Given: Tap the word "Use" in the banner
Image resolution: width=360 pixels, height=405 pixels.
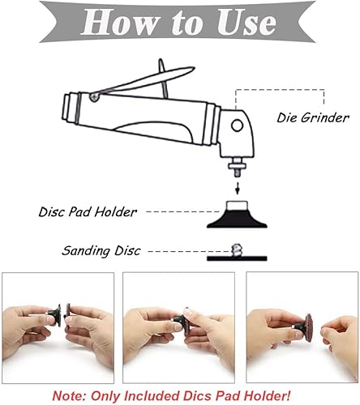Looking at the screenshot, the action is (246, 22).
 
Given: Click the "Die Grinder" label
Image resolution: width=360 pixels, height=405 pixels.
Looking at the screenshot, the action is (313, 117).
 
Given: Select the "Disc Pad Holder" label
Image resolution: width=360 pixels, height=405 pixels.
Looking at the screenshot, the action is (88, 212).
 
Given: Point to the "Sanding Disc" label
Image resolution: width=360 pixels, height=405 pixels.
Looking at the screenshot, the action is (101, 251).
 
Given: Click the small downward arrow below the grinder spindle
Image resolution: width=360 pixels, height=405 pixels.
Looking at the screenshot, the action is (238, 188).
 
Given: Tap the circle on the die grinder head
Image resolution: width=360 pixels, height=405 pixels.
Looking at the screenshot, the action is (237, 126).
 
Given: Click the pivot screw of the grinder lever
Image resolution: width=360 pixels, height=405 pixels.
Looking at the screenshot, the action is (94, 96).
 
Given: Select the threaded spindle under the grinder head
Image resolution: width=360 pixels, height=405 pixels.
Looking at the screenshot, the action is (237, 168).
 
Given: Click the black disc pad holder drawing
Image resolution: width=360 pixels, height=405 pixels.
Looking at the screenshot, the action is (237, 215).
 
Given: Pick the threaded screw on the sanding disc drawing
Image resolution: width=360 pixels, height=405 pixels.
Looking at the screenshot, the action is (237, 250).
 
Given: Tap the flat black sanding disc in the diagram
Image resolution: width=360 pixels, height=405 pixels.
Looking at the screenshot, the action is (237, 258).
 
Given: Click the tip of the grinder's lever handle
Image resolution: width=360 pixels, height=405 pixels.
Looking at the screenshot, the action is (194, 68).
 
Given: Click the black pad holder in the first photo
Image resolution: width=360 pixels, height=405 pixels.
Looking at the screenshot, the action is (56, 316).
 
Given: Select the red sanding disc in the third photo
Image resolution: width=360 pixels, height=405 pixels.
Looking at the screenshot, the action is (308, 327).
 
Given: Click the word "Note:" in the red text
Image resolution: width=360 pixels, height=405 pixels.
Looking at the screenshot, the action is (69, 396).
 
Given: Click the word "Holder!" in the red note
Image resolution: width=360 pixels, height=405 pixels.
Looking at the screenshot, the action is (267, 396).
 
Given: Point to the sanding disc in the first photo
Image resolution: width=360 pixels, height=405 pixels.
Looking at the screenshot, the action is (68, 314).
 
